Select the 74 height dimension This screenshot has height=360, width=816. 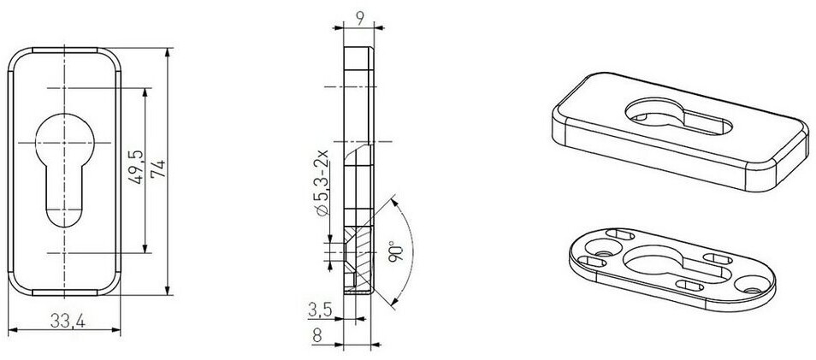(x=157, y=169)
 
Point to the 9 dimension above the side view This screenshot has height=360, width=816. (x=359, y=18)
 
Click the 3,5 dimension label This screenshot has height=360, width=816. (x=320, y=310)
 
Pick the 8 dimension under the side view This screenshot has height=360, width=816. (x=317, y=336)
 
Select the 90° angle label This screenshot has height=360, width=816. (x=397, y=251)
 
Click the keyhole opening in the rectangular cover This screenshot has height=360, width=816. (x=678, y=117)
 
